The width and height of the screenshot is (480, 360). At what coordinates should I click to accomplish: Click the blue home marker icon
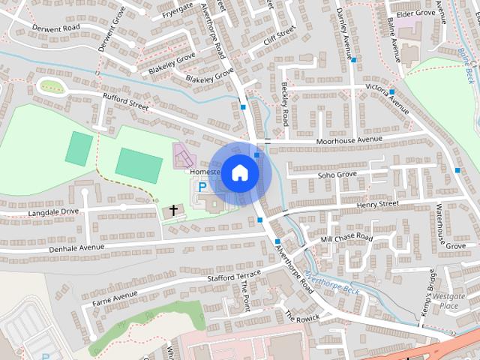239,172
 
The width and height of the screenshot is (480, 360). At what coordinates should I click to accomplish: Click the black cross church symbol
174,211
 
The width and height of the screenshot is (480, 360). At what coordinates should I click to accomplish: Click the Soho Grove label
336,175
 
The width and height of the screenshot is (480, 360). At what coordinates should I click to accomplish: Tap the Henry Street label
377,204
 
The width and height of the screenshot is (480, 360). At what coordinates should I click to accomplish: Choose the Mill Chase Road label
346,238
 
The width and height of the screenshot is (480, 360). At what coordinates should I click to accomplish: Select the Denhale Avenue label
76,247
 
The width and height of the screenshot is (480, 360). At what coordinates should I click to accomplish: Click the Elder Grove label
415,13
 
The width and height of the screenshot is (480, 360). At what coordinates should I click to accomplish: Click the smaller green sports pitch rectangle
78,148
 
